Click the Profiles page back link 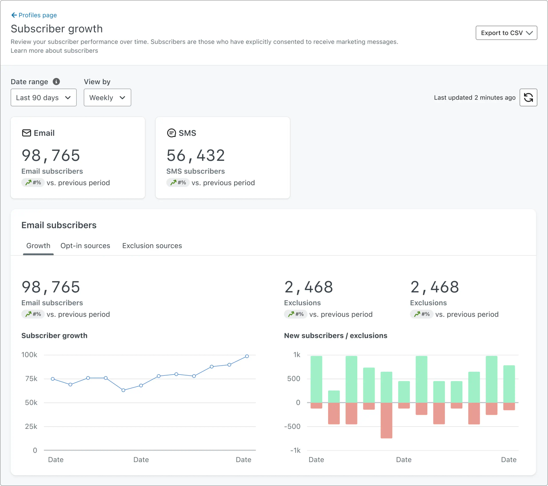tap(34, 15)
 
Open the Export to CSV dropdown tap(506, 33)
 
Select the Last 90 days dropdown tap(43, 98)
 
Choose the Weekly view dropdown tap(107, 98)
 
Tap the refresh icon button tap(528, 98)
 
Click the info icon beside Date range tap(56, 81)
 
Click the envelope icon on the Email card tap(26, 133)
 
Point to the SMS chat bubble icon tap(171, 133)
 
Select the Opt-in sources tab tap(85, 246)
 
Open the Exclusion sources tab tap(152, 246)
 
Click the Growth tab tap(38, 246)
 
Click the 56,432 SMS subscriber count tap(196, 156)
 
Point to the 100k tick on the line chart tap(29, 355)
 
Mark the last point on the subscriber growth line tap(247, 356)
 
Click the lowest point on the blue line tap(123, 390)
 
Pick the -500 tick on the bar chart tap(292, 426)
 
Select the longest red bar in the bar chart tap(386, 420)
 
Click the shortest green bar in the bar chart tap(334, 397)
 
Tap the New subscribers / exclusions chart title tap(336, 335)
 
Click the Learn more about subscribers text tap(54, 51)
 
